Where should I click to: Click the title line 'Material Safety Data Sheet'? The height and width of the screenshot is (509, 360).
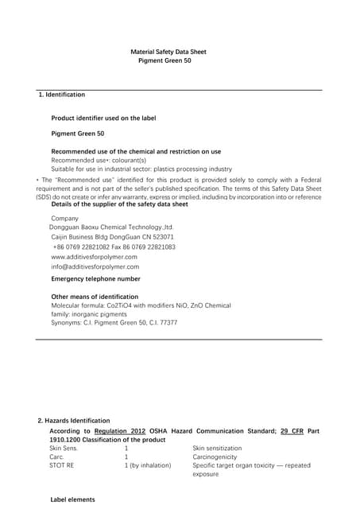click(x=168, y=52)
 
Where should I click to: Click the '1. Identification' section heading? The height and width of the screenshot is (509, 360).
click(x=62, y=95)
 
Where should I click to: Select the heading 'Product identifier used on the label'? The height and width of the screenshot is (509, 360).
click(x=103, y=118)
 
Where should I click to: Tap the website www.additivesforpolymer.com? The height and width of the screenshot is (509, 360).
click(x=94, y=257)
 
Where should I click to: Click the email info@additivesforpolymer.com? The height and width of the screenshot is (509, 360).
click(x=95, y=267)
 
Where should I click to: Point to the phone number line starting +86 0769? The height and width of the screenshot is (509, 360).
click(x=113, y=247)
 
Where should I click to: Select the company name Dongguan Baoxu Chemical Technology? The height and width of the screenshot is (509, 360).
click(x=110, y=227)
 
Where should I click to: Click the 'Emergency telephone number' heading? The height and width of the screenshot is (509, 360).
click(x=95, y=279)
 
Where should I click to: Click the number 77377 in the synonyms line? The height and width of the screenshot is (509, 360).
click(x=168, y=323)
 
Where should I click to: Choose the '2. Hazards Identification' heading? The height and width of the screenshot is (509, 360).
click(x=74, y=420)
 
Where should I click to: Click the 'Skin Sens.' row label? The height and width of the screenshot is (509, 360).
click(x=65, y=449)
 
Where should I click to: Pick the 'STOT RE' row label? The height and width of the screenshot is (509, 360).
click(x=62, y=465)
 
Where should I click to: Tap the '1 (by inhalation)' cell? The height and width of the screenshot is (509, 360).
click(x=147, y=465)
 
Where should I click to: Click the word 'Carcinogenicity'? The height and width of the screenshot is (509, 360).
click(x=217, y=457)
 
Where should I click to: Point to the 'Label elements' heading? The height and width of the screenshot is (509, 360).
click(x=72, y=499)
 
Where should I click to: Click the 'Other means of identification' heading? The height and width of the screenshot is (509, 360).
click(x=101, y=297)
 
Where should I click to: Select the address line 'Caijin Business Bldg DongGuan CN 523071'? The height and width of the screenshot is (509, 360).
click(x=112, y=237)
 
